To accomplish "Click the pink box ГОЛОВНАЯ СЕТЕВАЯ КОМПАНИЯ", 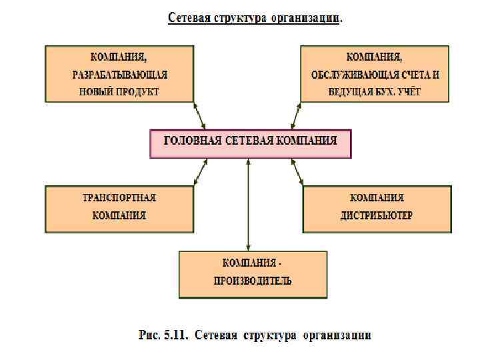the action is (x=250, y=143).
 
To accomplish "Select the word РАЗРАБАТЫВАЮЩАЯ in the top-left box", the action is (x=120, y=74).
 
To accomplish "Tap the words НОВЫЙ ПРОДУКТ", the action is (x=120, y=91).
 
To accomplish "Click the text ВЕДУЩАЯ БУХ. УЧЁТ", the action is (x=374, y=91).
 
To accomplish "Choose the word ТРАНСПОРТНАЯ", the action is (x=119, y=198).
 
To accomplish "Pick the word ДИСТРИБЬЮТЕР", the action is (x=377, y=215).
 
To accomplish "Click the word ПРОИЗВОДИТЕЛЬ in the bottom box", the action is (x=253, y=281).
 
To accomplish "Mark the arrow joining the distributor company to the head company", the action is (x=297, y=172).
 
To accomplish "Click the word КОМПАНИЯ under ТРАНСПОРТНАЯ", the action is (x=119, y=215).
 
